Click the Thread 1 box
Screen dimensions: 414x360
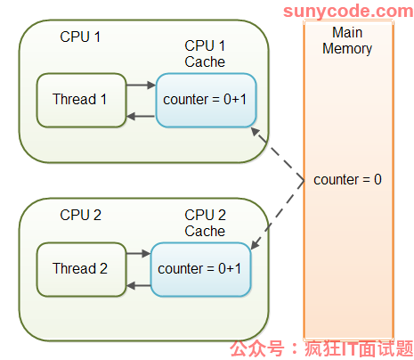81,100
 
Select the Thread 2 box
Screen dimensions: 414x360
81,269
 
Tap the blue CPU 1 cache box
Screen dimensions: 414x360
206,100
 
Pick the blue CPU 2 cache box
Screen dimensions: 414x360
201,269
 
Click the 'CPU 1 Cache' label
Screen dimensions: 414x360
205,53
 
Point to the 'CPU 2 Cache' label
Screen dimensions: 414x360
205,223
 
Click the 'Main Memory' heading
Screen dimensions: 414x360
347,40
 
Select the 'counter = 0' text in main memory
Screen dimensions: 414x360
347,180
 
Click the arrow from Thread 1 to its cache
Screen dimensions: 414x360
141,85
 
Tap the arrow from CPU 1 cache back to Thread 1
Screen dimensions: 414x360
141,116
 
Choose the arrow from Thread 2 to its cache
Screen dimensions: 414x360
139,253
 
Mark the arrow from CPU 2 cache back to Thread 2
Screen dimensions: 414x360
139,286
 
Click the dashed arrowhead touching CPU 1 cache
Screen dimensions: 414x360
256,131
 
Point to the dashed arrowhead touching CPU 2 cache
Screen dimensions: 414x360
256,244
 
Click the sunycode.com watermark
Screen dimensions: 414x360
348,12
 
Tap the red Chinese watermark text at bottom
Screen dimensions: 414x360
321,348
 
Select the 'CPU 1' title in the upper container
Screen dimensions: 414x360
80,37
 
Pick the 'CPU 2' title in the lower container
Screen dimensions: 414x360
81,215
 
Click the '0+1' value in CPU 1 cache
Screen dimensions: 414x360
235,99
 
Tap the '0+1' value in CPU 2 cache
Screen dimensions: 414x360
230,268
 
